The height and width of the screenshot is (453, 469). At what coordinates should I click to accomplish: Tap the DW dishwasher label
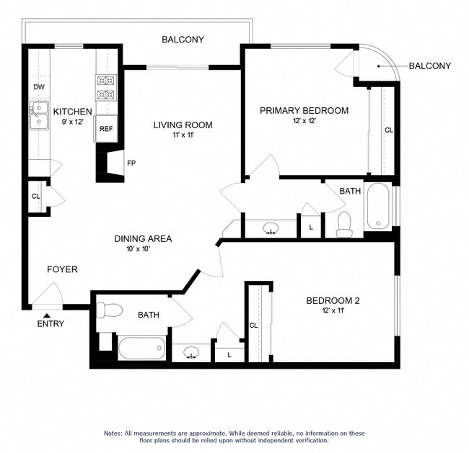(x=39, y=87)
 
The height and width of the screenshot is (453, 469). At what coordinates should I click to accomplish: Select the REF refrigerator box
(x=106, y=129)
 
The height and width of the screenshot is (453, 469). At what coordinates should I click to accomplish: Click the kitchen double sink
(x=38, y=115)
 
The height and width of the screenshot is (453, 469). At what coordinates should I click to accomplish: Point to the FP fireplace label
(x=131, y=163)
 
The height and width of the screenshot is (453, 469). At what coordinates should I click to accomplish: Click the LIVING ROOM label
(x=183, y=125)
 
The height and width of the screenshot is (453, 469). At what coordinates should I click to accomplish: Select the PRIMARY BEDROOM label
(x=304, y=110)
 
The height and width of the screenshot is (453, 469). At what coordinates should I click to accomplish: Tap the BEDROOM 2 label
(x=333, y=300)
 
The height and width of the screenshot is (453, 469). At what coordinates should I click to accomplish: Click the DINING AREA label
(x=143, y=238)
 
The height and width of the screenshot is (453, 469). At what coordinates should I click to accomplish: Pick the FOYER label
(x=62, y=269)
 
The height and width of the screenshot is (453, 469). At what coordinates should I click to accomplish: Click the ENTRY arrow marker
(x=47, y=314)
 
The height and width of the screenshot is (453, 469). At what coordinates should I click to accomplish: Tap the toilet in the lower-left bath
(x=109, y=310)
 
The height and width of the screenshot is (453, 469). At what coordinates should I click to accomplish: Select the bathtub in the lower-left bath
(x=142, y=347)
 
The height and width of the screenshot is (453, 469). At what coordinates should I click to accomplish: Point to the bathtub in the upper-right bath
(x=378, y=206)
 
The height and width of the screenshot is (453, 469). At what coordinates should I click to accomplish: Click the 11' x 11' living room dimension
(x=183, y=135)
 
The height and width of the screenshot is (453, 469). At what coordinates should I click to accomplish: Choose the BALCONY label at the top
(x=183, y=40)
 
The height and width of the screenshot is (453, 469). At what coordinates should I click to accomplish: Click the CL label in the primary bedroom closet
(x=389, y=130)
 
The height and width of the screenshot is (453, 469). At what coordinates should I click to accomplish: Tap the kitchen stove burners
(x=106, y=87)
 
